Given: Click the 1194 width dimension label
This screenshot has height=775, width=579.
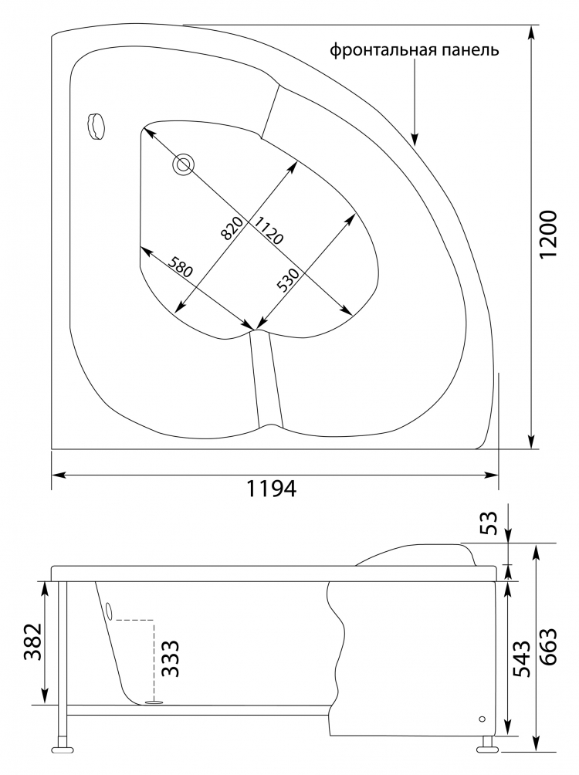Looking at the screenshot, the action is coord(272,489).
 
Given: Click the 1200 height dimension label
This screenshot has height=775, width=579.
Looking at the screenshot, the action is coord(548,235).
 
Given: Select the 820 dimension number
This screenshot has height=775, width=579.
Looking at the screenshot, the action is coord(232,228).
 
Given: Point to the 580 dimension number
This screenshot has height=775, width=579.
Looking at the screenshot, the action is coord(178,267).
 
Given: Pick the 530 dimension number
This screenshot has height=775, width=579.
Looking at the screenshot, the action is coord(288,281).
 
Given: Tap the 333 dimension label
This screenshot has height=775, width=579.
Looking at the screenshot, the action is coord(170,658).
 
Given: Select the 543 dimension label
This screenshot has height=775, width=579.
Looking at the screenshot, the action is coord(522,659).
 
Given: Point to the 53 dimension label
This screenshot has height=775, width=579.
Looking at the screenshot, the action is coord(487,523).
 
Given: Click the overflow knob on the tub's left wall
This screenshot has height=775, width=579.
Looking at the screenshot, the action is coord(96,126).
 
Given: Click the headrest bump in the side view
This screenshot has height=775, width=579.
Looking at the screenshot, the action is coord(416,555).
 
